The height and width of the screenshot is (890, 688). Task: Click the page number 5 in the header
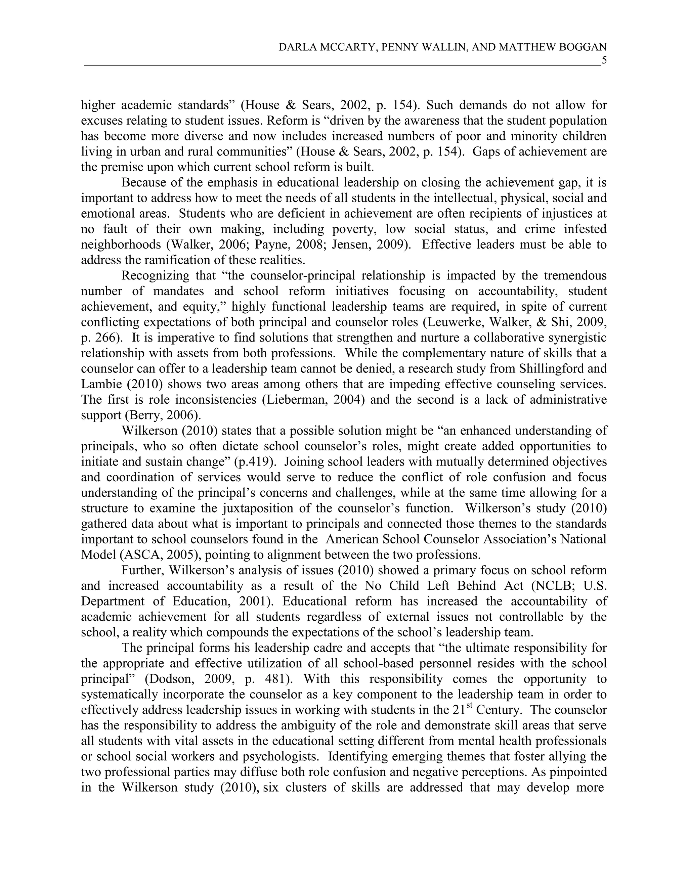(604, 61)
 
